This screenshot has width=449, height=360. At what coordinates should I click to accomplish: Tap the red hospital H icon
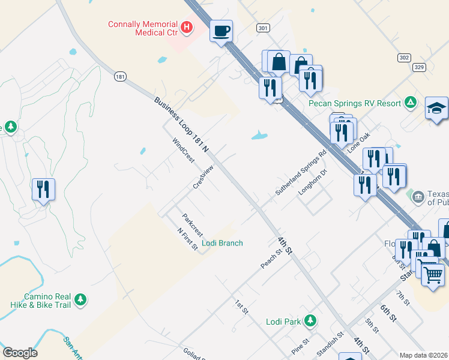pos(187,27)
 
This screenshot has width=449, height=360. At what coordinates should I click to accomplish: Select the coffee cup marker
pos(221,31)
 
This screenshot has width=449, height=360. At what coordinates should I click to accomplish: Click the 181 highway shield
pos(120,76)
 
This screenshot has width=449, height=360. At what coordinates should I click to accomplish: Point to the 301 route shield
pos(262,28)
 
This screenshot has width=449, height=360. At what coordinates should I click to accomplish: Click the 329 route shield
pos(419,68)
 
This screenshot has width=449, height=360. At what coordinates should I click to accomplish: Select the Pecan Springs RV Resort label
pos(355,103)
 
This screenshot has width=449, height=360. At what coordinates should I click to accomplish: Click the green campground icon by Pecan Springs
pos(411,103)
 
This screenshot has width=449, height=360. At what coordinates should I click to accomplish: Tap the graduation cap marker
pos(436,109)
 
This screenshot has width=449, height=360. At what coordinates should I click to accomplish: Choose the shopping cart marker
pos(432,275)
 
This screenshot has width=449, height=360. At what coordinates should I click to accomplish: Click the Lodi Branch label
pos(222,243)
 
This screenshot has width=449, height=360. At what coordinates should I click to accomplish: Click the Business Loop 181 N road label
pos(181,124)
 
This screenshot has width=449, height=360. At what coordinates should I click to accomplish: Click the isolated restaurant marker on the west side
pos(43,190)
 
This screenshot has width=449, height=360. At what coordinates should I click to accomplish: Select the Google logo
pos(20,353)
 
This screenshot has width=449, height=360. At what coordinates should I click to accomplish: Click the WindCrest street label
pos(183,151)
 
